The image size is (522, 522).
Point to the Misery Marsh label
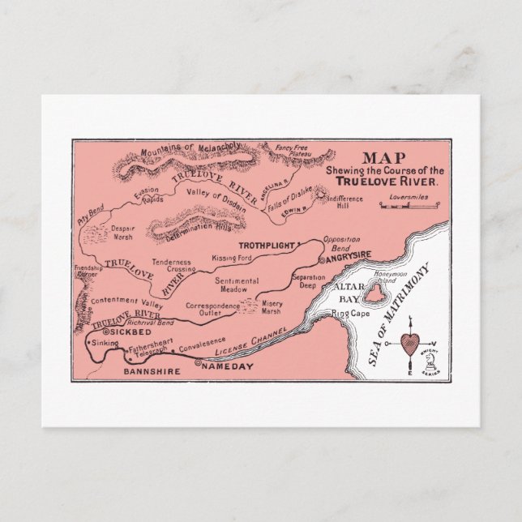point(272,307)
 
